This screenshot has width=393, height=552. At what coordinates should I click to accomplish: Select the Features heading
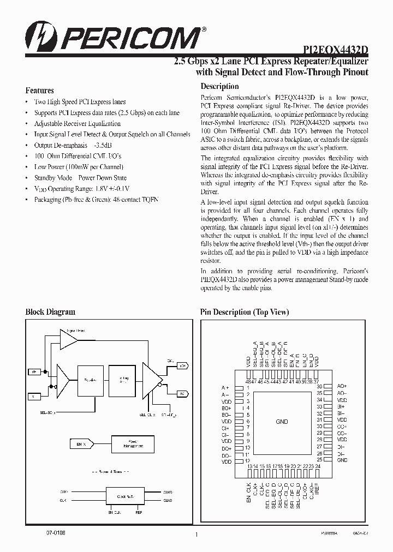pos(40,91)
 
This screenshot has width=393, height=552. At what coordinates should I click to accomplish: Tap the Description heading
pos(219,86)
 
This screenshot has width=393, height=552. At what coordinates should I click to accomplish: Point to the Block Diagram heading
pos(50,312)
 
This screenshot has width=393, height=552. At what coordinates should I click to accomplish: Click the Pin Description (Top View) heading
pos(245,312)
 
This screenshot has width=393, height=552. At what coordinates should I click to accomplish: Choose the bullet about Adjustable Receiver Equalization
pos(77,124)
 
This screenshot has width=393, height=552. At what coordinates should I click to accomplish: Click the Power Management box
pos(128,443)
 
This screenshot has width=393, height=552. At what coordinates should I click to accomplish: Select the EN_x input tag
pos(81,445)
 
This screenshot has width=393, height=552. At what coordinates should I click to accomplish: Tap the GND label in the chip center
pos(282,422)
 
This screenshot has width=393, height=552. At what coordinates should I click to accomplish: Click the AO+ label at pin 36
pos(342,386)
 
